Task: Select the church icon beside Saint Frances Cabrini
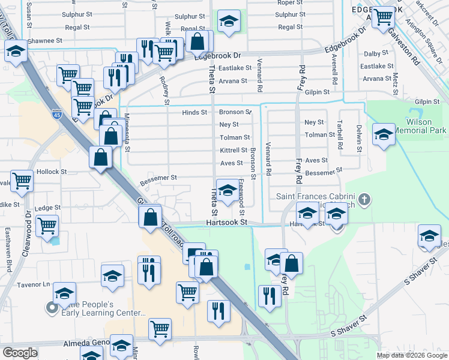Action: tap(364, 199)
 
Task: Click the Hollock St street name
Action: tap(52, 172)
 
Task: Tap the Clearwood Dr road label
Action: tap(27, 233)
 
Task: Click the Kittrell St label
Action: tap(234, 150)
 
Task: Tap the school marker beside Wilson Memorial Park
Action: tap(383, 134)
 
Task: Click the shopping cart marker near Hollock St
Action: tap(22, 180)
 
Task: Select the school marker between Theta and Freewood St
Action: tap(226, 191)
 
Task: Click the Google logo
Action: tap(20, 353)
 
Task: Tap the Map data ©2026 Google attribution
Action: tap(411, 355)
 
